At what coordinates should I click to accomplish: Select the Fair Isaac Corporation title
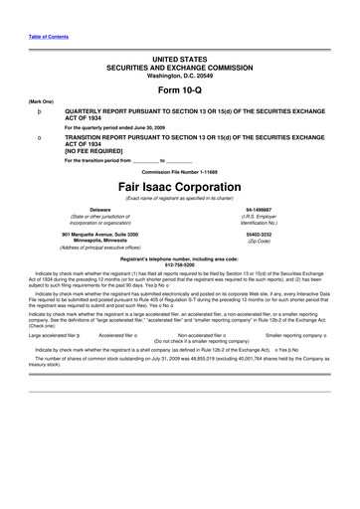click(x=180, y=188)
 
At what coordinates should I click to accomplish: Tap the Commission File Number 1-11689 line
click(x=180, y=171)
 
